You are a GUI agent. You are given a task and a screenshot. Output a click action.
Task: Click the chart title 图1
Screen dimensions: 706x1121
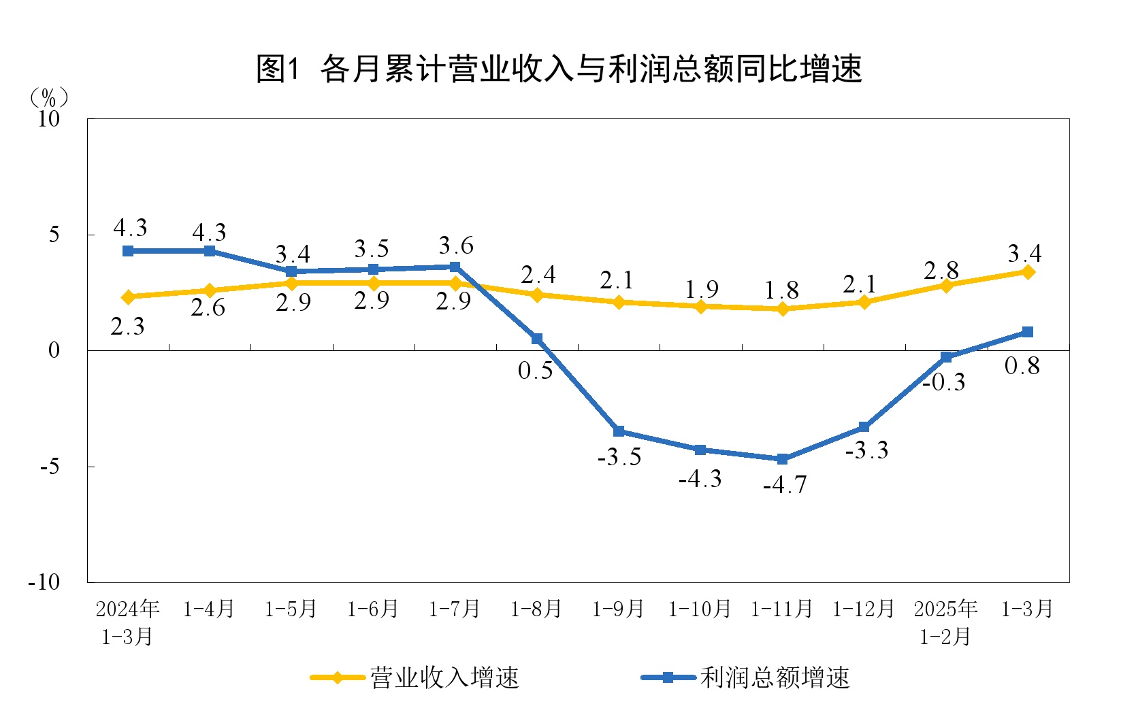click(x=559, y=68)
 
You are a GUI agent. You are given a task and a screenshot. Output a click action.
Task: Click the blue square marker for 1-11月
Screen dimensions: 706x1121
click(x=782, y=459)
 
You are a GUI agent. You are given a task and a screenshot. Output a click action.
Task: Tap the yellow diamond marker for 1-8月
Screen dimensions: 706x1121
click(x=537, y=295)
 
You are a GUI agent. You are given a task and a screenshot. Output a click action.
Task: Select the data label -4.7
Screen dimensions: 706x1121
click(x=784, y=485)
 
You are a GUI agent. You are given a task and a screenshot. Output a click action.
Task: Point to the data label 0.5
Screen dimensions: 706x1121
click(x=535, y=371)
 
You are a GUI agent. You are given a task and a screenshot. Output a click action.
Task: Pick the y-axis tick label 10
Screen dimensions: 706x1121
click(x=48, y=119)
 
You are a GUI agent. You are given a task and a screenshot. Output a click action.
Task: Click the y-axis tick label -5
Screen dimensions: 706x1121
click(x=50, y=467)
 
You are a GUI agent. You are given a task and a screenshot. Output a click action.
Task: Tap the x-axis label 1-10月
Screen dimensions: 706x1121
click(x=700, y=609)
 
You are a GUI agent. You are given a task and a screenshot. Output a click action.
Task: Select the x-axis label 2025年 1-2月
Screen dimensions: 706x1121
click(x=945, y=622)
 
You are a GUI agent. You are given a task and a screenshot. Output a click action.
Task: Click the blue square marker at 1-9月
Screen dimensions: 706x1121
click(x=619, y=431)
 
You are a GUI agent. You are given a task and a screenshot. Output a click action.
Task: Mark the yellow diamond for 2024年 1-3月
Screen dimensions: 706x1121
click(x=128, y=297)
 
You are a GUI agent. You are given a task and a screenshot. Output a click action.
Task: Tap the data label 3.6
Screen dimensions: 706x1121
click(x=455, y=246)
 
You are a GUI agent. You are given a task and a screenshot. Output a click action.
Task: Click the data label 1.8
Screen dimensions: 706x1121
click(x=781, y=290)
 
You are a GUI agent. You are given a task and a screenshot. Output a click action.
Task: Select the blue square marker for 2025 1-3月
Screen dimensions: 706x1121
click(x=1028, y=332)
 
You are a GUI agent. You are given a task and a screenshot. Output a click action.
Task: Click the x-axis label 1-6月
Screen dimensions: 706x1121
click(x=372, y=609)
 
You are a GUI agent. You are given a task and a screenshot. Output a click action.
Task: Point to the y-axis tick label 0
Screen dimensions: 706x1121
click(x=54, y=351)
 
